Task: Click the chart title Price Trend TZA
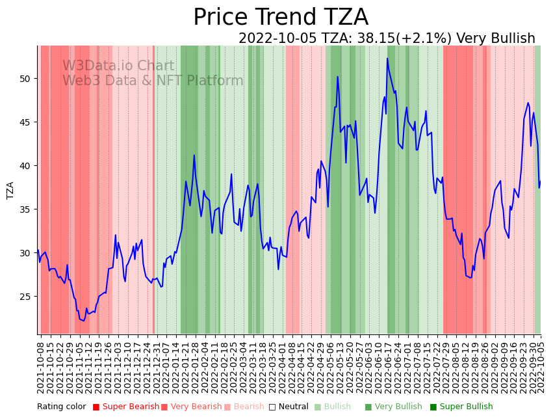click(x=280, y=18)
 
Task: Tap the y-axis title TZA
click(x=10, y=191)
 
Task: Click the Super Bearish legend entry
click(x=126, y=407)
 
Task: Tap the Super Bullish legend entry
click(x=461, y=407)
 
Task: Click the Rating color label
click(x=61, y=407)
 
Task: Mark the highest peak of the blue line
click(x=387, y=59)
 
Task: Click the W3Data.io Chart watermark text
click(x=118, y=66)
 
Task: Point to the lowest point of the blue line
click(x=83, y=321)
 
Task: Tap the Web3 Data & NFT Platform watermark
click(x=153, y=81)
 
